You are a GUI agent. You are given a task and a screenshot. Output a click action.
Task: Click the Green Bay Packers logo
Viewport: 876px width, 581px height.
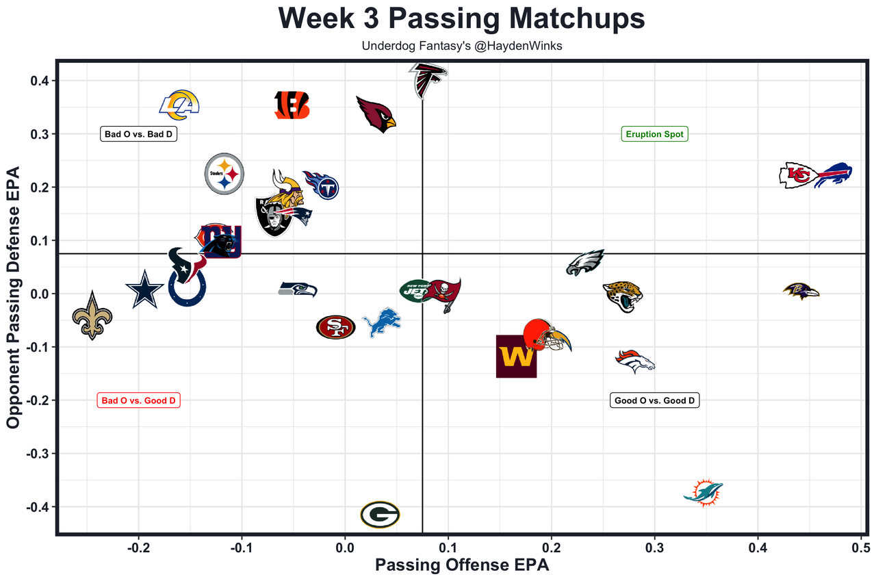[380, 515]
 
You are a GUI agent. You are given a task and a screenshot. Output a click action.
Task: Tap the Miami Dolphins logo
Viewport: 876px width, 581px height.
[704, 492]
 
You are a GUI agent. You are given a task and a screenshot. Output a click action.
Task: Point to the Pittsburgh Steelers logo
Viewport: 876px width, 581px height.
[224, 174]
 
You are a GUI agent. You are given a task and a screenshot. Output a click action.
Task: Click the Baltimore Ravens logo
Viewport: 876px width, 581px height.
[801, 291]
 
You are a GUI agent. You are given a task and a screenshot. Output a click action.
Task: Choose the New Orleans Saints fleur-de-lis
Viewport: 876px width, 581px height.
[92, 315]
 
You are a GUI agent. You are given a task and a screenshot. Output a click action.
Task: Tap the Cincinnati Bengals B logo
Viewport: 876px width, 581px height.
[292, 105]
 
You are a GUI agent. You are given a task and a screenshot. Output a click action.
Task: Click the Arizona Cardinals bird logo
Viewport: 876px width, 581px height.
[376, 114]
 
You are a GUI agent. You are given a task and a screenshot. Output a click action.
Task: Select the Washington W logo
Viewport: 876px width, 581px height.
[516, 356]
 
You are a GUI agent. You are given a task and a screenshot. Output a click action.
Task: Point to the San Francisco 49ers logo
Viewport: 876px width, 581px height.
[335, 327]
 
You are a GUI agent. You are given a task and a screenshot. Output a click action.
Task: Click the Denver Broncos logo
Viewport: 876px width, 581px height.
[636, 361]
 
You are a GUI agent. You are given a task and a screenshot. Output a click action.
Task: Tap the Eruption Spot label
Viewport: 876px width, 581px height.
[654, 134]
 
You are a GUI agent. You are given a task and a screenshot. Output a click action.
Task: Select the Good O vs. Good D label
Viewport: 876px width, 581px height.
[654, 400]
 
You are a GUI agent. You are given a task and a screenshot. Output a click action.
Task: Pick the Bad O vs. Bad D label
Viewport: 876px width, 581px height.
[138, 134]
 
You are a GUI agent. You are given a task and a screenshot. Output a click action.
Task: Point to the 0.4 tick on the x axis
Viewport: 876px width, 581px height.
[758, 547]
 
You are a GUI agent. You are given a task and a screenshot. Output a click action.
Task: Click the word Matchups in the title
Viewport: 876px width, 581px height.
[562, 19]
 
